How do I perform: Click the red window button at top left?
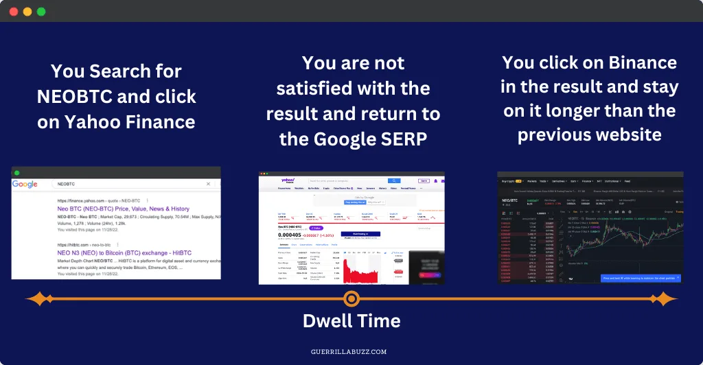pos(14,12)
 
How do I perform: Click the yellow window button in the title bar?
pos(27,12)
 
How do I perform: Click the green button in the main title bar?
pos(41,12)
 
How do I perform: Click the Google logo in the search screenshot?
pos(25,184)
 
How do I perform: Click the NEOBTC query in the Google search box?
pos(66,184)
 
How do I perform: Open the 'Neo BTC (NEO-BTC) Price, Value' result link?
pos(124,209)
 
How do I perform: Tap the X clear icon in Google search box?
pos(209,184)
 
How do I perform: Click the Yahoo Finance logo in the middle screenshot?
pos(288,180)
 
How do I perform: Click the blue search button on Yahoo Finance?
pos(394,180)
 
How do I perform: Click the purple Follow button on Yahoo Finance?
pos(316,227)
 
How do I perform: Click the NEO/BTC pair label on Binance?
pos(509,200)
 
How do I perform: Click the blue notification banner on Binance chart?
pos(641,279)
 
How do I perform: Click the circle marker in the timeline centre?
pos(351,298)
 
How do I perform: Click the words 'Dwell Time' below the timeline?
pos(351,320)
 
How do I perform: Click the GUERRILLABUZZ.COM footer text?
pos(351,351)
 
